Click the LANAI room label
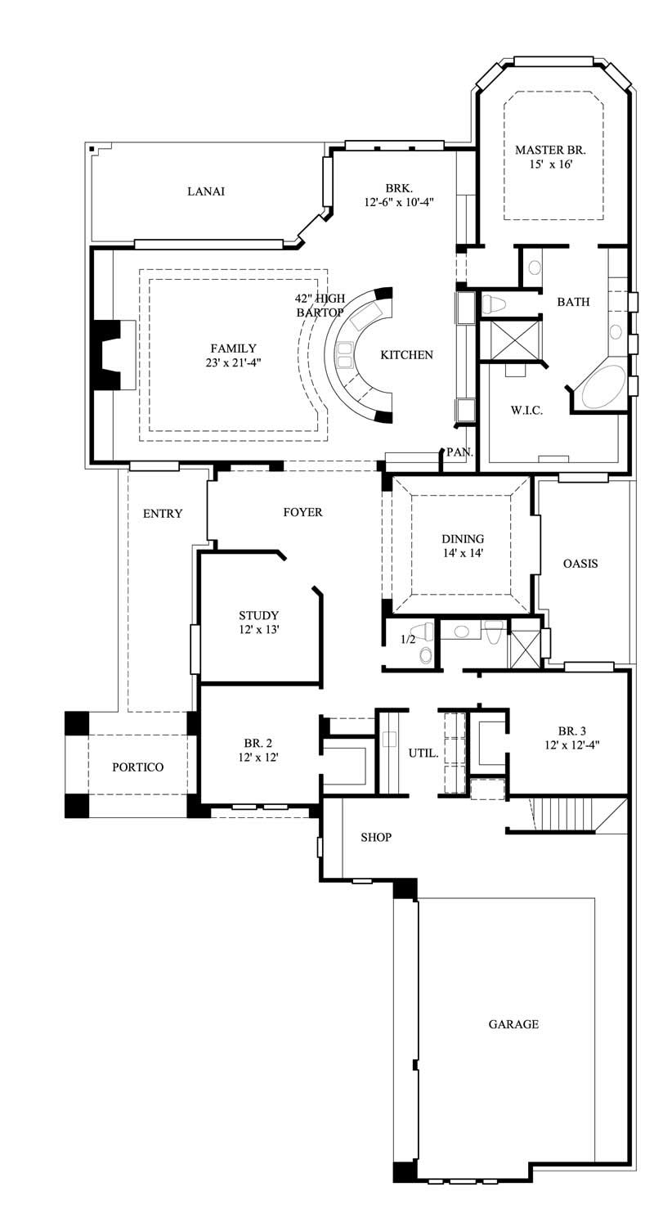[206, 191]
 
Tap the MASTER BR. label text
[550, 150]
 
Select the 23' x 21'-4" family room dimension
[234, 362]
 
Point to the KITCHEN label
[406, 355]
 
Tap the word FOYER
[302, 512]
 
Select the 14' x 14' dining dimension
[463, 553]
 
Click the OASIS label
[580, 564]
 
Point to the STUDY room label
[258, 615]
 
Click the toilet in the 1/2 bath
[426, 654]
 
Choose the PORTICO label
[137, 767]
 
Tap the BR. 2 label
[258, 744]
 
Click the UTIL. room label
[423, 752]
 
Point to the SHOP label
[376, 837]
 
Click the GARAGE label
[513, 1023]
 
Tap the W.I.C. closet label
[526, 410]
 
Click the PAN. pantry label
[459, 452]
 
